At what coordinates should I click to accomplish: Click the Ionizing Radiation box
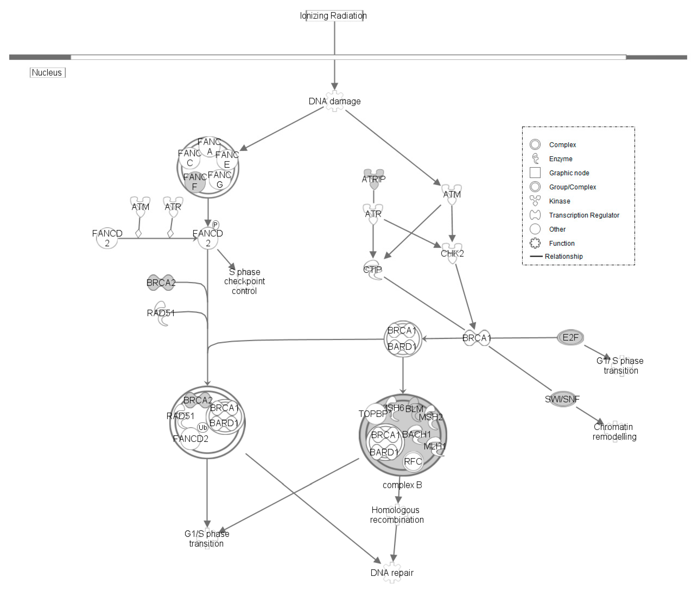click(334, 16)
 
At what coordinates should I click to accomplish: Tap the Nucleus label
click(47, 73)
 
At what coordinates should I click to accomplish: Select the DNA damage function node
click(334, 101)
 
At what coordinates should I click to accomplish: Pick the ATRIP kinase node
click(374, 179)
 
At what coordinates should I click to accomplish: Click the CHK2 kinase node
click(452, 253)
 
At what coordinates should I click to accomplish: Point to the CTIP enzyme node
click(373, 270)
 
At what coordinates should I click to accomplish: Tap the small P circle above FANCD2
click(215, 225)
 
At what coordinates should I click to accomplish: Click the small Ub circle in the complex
click(203, 427)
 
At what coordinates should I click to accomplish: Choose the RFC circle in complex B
click(413, 462)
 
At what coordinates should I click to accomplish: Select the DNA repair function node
click(392, 573)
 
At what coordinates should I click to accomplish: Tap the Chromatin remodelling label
click(614, 432)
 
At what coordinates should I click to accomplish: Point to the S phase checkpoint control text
click(244, 281)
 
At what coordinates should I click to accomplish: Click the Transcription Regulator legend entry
click(584, 215)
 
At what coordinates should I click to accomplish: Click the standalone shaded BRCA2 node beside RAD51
click(161, 283)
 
